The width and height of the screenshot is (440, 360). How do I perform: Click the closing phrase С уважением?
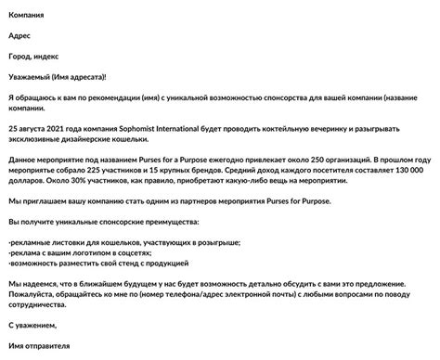pyautogui.click(x=32, y=325)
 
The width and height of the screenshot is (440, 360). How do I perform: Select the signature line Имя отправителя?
pyautogui.click(x=40, y=346)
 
